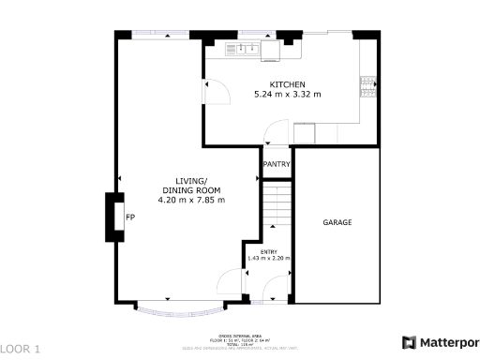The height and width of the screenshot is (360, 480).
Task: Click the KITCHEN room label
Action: (288, 84)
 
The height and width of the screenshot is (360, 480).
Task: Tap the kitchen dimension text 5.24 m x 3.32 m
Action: (288, 95)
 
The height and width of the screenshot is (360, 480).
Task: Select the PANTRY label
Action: (277, 165)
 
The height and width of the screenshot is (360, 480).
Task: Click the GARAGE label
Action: (337, 223)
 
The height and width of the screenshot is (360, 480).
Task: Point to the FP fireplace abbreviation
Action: (131, 217)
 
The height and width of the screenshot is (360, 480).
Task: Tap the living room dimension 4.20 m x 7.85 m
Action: (191, 200)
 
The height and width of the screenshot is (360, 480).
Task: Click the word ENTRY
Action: (268, 250)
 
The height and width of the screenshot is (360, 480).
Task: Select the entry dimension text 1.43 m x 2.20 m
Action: (268, 258)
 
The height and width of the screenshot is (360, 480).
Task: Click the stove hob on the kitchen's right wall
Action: (367, 87)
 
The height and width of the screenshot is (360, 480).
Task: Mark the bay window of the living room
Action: (179, 306)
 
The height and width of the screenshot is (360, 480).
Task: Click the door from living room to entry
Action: (228, 281)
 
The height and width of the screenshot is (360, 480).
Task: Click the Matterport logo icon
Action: (409, 342)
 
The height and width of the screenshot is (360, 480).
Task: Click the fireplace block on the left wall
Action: (113, 217)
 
